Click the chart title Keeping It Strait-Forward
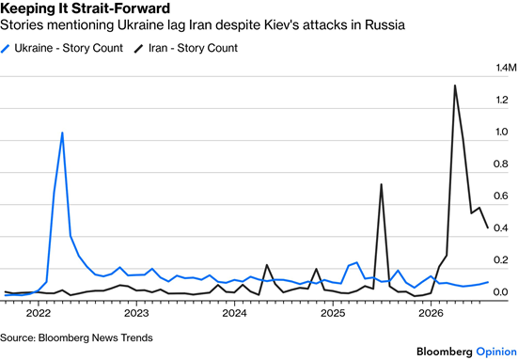(86, 8)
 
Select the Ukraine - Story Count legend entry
(62, 48)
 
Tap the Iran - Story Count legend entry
(185, 48)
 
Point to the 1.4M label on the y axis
(506, 68)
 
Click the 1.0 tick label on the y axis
(501, 132)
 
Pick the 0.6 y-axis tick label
(501, 196)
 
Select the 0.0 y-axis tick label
(501, 292)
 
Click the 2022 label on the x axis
(39, 313)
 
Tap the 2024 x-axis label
(234, 313)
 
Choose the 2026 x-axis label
(431, 313)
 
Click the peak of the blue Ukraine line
(62, 133)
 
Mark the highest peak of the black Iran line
(455, 86)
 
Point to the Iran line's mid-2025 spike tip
(382, 184)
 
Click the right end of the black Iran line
(488, 227)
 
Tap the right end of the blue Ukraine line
(488, 282)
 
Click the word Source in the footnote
(18, 337)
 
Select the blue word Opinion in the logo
(496, 352)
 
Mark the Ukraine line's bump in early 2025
(356, 263)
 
